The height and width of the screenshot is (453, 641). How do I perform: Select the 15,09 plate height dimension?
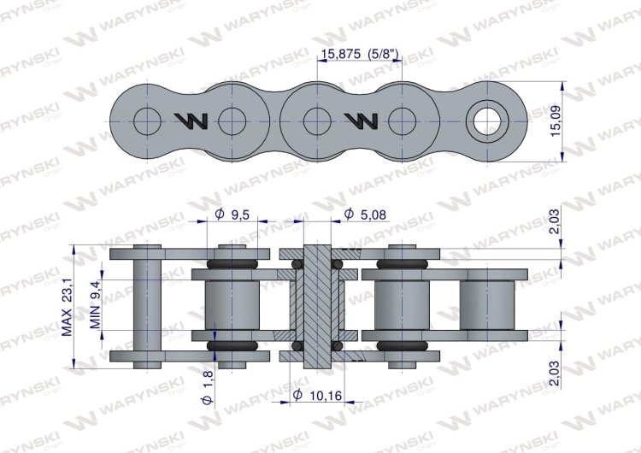point(556,121)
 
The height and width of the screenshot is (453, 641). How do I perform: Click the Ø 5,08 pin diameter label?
point(362,214)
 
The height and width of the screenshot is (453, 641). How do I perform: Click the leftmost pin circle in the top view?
point(148,121)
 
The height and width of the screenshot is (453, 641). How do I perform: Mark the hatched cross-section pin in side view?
point(316,305)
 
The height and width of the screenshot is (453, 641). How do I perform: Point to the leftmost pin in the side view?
point(148,305)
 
